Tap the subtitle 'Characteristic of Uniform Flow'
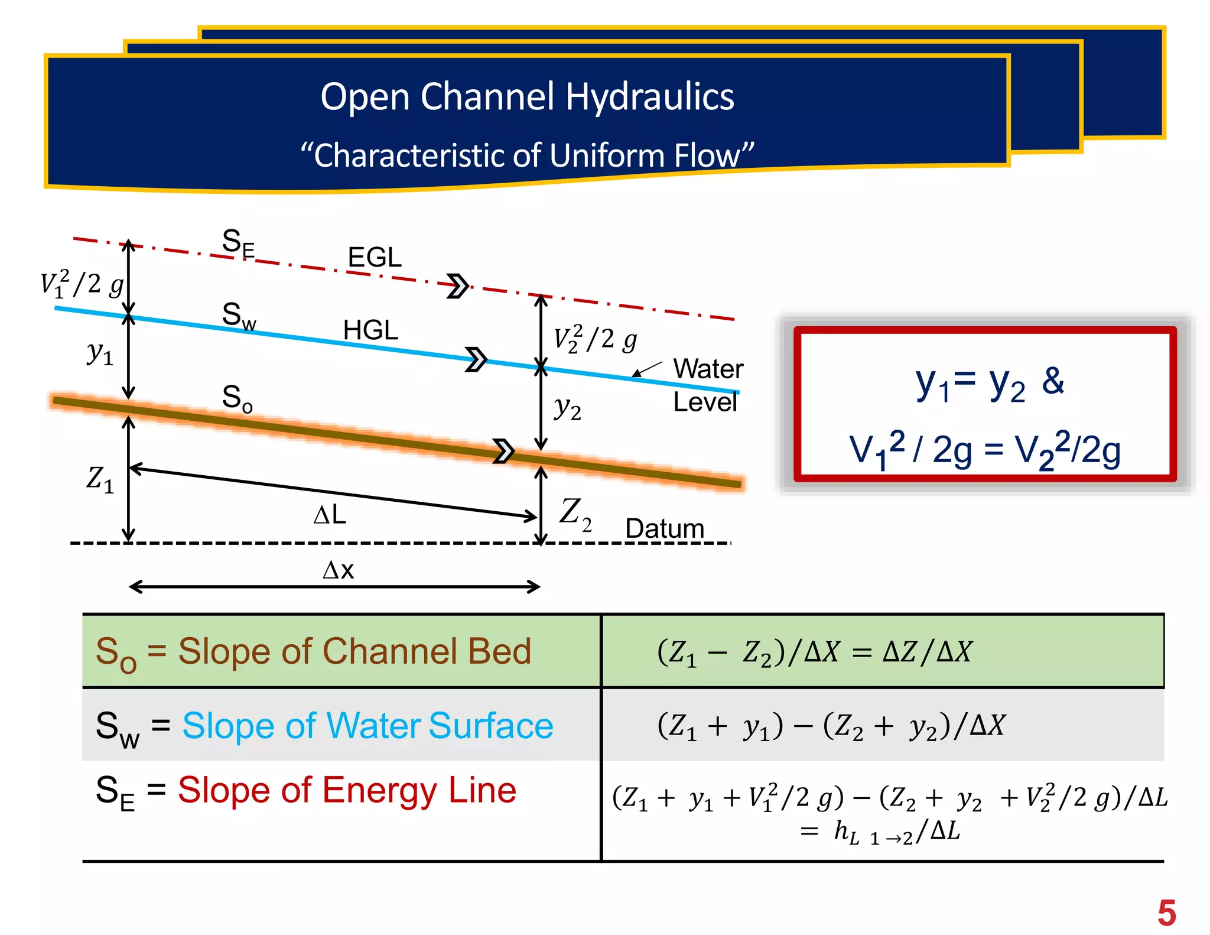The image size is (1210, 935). tap(527, 155)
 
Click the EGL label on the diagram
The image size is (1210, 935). tap(375, 257)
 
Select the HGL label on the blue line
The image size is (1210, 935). tap(370, 330)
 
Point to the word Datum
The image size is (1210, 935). tap(665, 528)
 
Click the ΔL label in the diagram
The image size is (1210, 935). tap(330, 515)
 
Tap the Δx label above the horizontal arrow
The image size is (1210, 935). tap(338, 570)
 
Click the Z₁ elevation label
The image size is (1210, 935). tap(99, 479)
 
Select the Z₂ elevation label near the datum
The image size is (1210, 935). tap(575, 513)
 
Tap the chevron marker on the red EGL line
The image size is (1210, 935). tap(457, 286)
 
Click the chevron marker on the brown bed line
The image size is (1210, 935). tap(503, 451)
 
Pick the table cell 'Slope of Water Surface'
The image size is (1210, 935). tap(324, 726)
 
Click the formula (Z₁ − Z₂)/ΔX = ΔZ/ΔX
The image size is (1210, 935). tap(814, 652)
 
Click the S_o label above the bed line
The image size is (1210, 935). tap(237, 397)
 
